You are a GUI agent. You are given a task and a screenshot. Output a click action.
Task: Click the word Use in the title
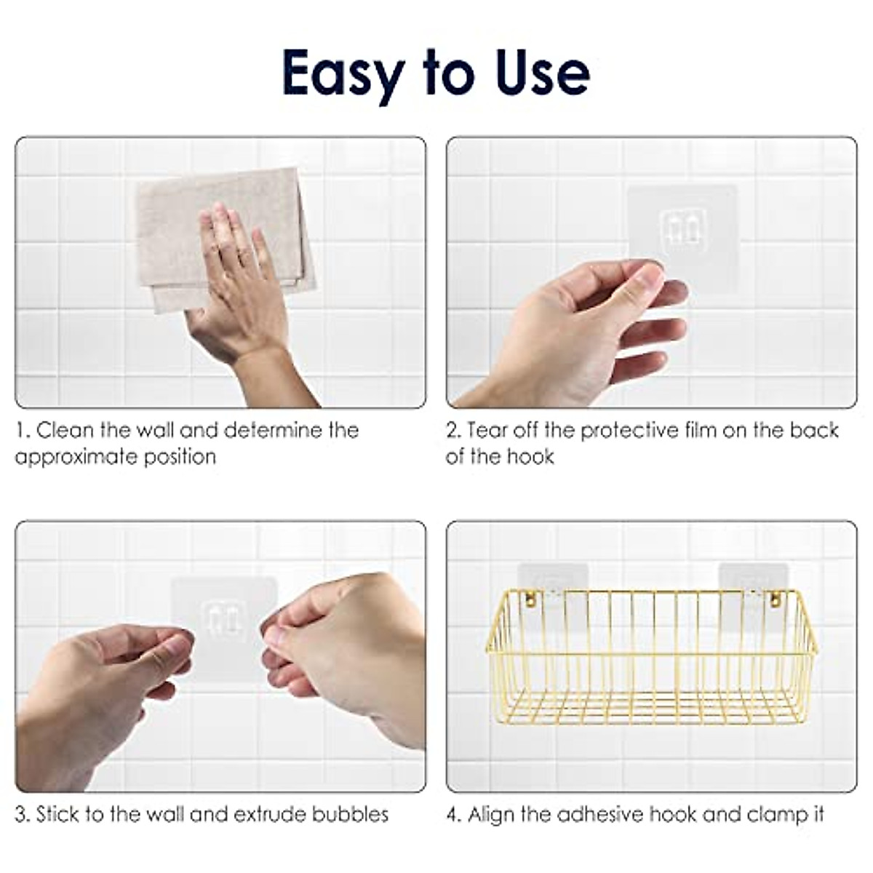(x=540, y=73)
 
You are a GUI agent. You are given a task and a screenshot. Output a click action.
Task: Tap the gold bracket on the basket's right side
(x=776, y=600)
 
